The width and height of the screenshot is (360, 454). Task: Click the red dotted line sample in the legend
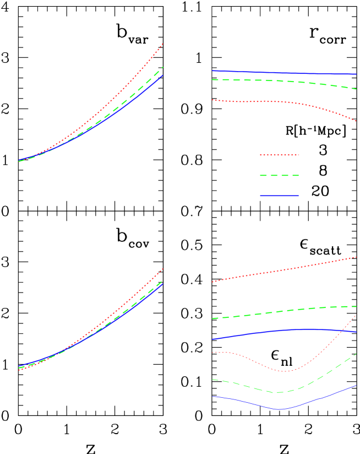[x=279, y=155]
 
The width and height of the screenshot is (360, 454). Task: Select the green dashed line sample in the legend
[x=279, y=176]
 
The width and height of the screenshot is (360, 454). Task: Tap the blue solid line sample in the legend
[x=279, y=196]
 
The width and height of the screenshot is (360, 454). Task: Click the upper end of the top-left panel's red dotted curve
[x=162, y=44]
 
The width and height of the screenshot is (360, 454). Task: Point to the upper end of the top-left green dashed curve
[x=162, y=67]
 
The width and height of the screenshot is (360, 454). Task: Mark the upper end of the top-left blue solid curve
[x=162, y=75]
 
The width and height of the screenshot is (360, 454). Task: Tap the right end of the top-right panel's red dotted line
[x=356, y=121]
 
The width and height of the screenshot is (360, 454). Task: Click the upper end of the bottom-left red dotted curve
[x=162, y=269]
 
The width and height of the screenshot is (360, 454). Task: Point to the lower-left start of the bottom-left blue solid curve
[x=19, y=366]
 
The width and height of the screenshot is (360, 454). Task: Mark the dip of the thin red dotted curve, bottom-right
[x=282, y=371]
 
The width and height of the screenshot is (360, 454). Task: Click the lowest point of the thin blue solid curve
[x=280, y=409]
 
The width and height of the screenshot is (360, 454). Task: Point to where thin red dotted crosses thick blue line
[x=342, y=331]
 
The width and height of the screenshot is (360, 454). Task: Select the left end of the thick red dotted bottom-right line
[x=213, y=282]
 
